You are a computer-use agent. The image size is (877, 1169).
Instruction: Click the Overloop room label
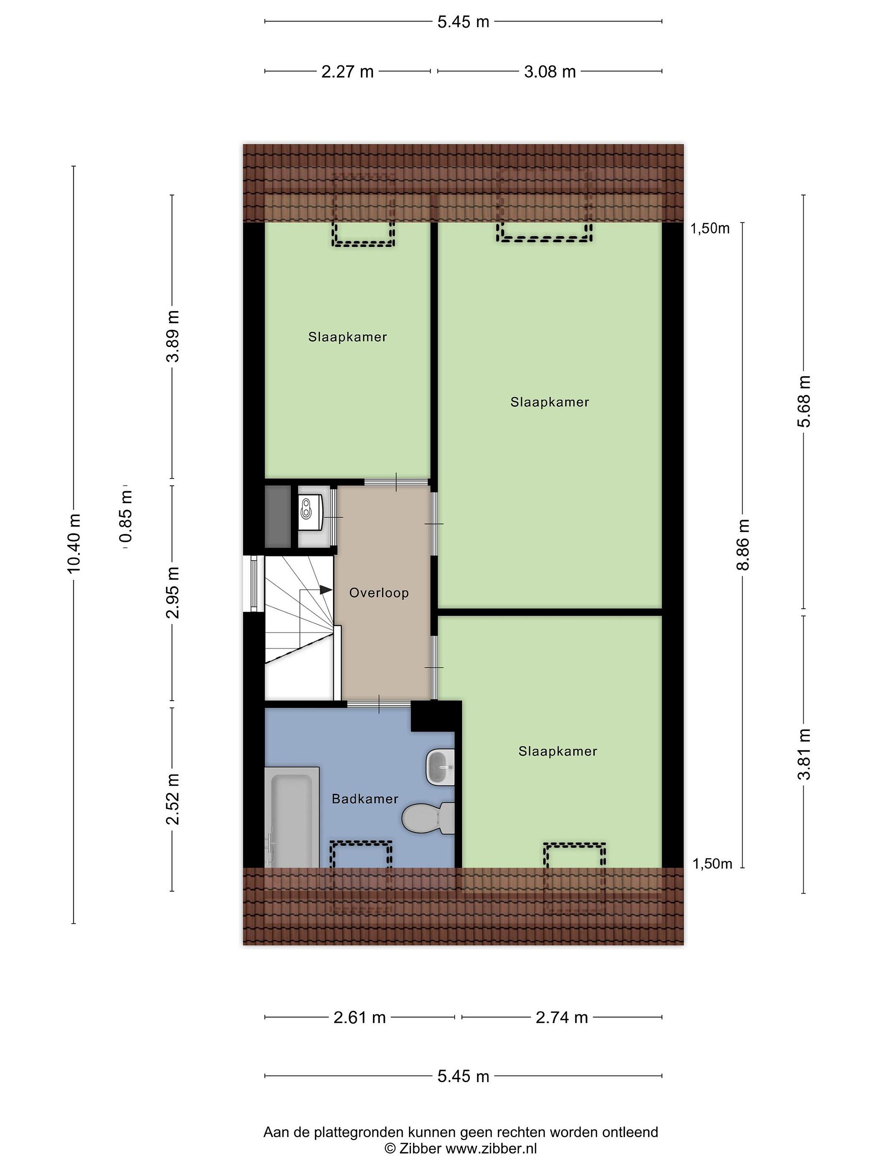(x=378, y=593)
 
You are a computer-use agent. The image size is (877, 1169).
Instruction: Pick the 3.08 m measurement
(x=550, y=71)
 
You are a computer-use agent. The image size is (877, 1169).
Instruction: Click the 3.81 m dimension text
(x=804, y=754)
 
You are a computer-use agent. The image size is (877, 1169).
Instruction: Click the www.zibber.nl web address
(x=491, y=1148)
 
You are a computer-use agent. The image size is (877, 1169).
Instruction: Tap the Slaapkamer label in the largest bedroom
(x=550, y=402)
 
